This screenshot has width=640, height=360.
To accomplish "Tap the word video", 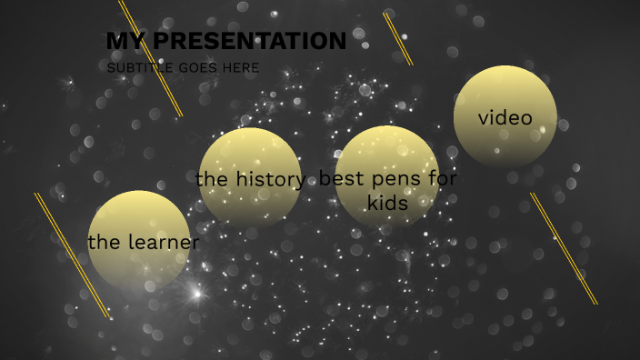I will tap(505, 118).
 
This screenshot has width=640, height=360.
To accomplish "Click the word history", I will tap(270, 180).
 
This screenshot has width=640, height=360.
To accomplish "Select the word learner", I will tap(164, 243).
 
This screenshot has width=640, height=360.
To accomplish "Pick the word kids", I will tap(387, 203).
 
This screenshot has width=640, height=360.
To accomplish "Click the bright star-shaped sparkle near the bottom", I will tap(195, 293).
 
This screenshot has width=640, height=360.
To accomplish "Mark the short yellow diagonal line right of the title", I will tap(398, 39).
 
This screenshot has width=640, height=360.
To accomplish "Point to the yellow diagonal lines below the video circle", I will tap(564, 248).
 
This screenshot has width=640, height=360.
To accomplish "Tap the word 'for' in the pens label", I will tap(443, 179).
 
